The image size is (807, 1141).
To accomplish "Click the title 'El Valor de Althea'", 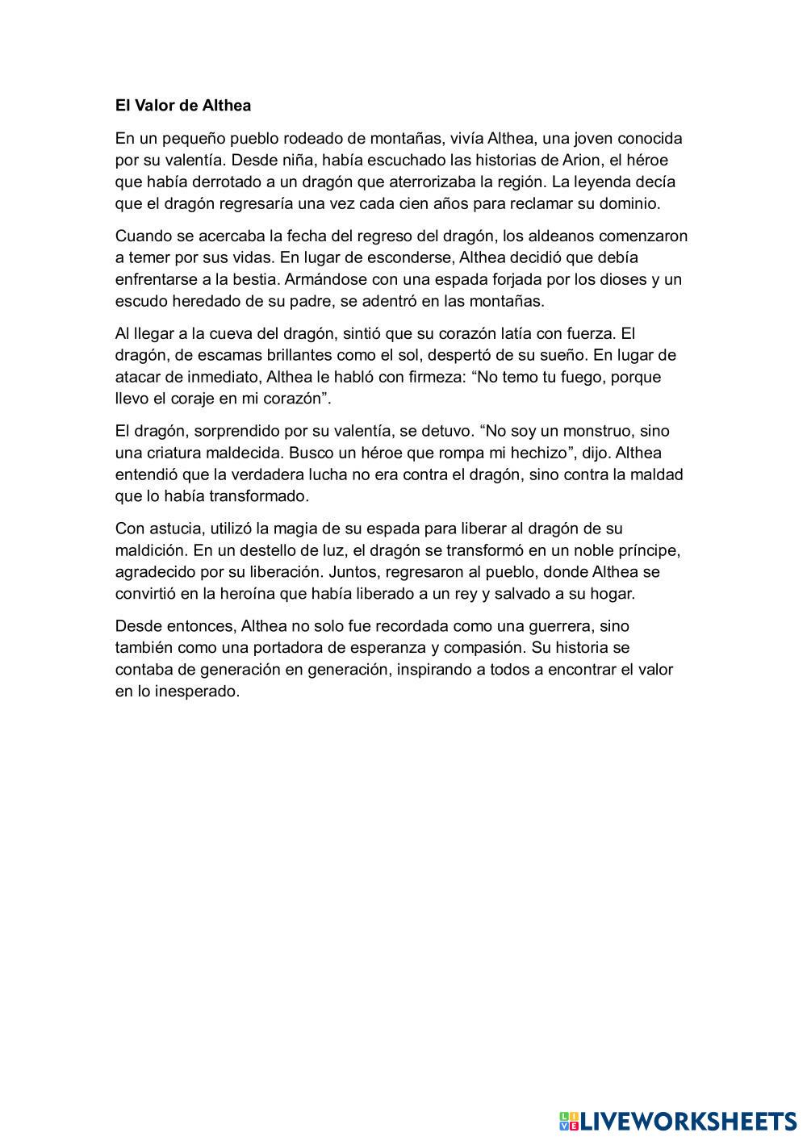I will pos(183,106).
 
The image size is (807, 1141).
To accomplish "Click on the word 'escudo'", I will pos(140,302).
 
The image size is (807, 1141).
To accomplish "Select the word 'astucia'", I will pos(177,529).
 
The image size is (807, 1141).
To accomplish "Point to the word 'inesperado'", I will pos(199,692).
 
